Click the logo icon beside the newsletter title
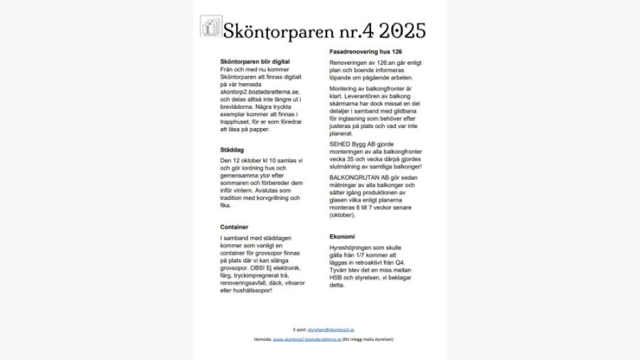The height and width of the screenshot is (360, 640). [x=210, y=27]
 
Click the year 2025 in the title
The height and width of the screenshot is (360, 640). [x=402, y=31]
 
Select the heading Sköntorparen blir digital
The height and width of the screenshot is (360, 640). [x=255, y=63]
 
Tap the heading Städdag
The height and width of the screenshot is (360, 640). [x=233, y=150]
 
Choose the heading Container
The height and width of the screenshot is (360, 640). [x=234, y=227]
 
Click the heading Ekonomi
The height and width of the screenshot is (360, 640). [x=342, y=236]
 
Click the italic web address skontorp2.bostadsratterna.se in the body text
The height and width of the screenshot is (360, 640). [x=260, y=92]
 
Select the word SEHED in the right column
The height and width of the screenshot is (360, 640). [x=341, y=143]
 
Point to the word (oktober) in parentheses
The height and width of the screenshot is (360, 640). [x=342, y=214]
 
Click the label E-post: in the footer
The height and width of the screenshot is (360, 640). [x=299, y=329]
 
